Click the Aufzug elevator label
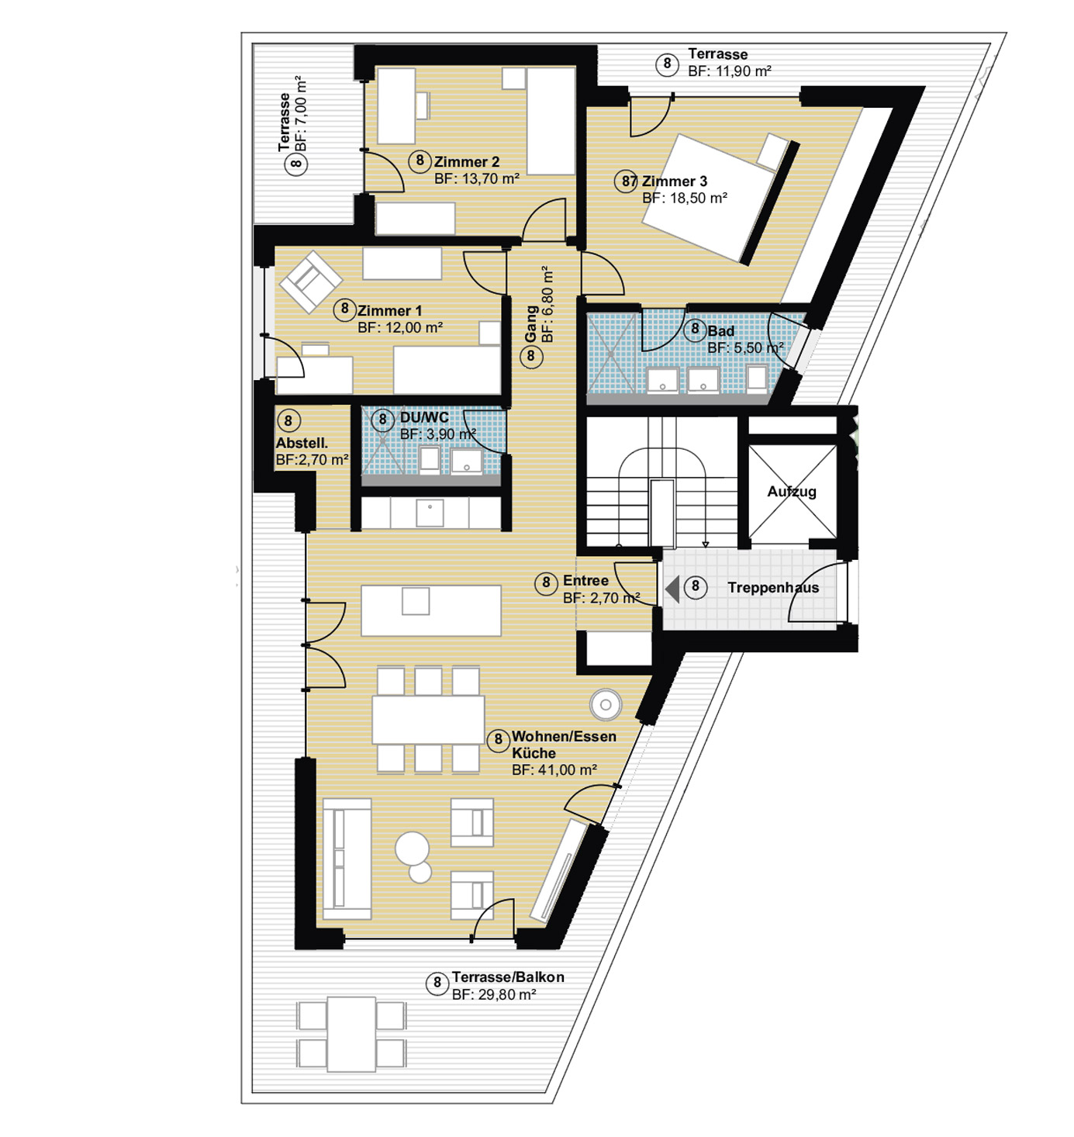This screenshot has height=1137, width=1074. [x=792, y=491]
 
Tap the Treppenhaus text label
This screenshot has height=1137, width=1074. [x=773, y=587]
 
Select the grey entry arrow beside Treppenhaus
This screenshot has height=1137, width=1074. [x=672, y=589]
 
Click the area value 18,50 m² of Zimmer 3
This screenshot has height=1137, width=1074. [x=685, y=198]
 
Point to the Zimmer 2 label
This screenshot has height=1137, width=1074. [x=467, y=162]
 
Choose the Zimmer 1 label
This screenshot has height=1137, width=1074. [x=389, y=311]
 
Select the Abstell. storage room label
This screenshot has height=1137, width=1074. [x=302, y=443]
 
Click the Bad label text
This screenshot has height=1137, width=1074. [x=720, y=331]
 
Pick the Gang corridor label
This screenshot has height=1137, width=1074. [x=531, y=324]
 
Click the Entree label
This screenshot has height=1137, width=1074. [x=585, y=581]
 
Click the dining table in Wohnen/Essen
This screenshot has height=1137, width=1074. [x=428, y=720]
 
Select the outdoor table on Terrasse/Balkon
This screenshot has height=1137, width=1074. [x=351, y=1034]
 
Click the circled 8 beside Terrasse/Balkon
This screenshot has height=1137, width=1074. [x=437, y=983]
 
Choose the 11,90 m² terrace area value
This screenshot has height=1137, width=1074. [x=730, y=71]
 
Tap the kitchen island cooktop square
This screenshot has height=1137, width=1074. [x=416, y=601]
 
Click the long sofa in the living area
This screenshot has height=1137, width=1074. [x=347, y=859]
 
